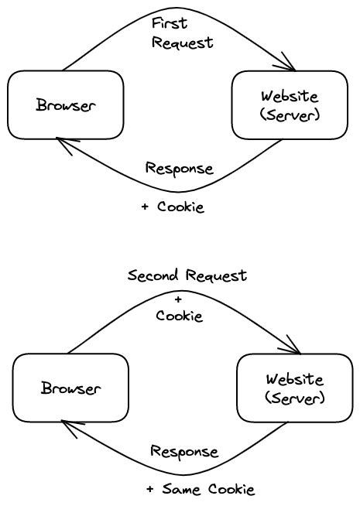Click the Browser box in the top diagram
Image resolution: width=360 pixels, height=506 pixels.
(x=66, y=105)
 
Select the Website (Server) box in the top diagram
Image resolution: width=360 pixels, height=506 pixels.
(x=290, y=105)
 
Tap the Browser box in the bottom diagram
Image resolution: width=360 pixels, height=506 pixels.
(x=70, y=388)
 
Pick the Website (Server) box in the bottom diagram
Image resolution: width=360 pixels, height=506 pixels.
(x=294, y=388)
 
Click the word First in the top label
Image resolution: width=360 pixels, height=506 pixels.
(x=169, y=23)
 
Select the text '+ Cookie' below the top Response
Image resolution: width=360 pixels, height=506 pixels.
(x=173, y=207)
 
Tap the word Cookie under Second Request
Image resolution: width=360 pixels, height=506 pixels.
(x=179, y=316)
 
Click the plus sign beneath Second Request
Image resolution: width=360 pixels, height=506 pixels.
(x=179, y=298)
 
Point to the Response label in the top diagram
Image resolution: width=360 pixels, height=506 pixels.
(x=179, y=169)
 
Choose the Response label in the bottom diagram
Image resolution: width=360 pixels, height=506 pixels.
(x=183, y=451)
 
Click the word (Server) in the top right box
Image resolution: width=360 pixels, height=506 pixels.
(x=290, y=115)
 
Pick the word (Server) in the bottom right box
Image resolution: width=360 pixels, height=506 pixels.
(x=294, y=398)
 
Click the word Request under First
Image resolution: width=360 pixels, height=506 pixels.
(x=182, y=43)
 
